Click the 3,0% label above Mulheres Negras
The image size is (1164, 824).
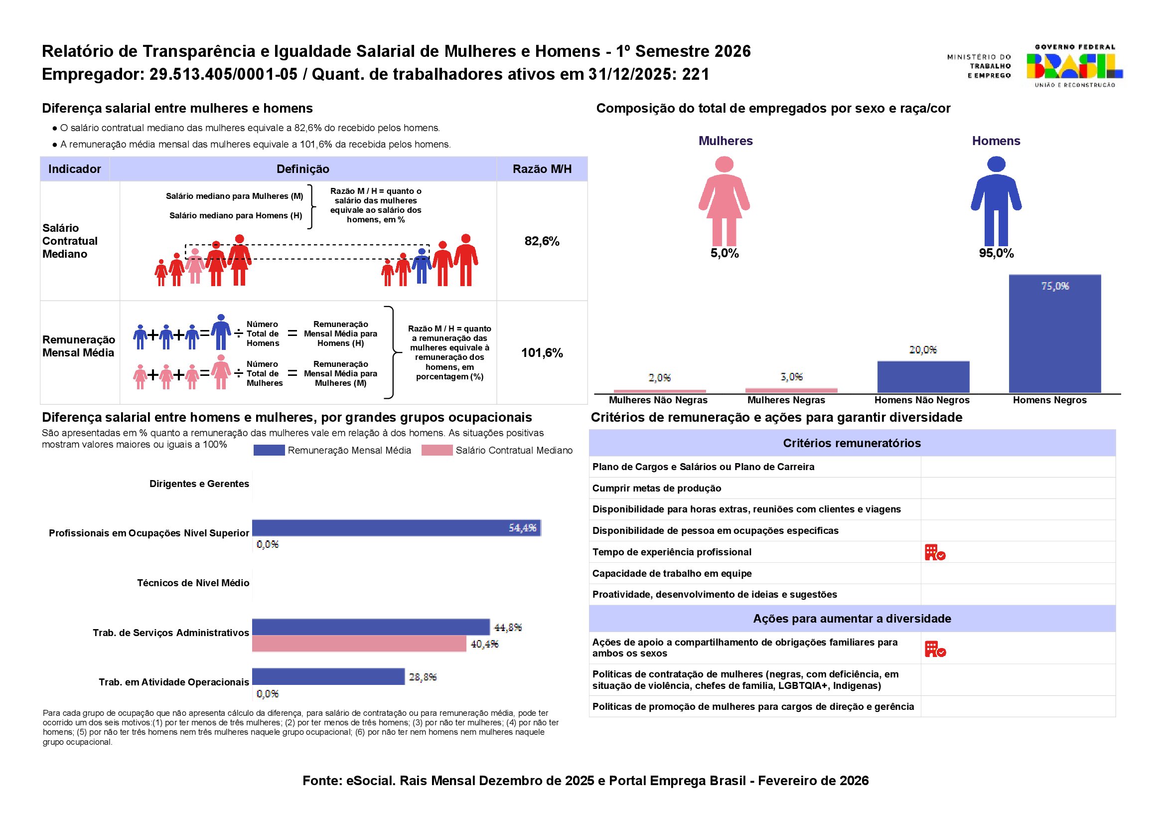coord(791,377)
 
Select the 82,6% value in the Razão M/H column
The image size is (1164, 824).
coord(542,241)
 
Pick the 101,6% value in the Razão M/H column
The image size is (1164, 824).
coord(542,352)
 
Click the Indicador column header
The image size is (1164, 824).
coord(75,169)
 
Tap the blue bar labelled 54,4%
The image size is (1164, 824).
coord(396,528)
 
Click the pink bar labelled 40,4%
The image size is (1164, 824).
coord(359,644)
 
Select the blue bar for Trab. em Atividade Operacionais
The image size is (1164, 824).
coord(328,676)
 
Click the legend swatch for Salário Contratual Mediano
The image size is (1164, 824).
coord(436,450)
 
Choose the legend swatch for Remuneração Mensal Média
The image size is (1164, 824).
coord(269,450)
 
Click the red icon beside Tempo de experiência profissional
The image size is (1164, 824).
coord(935,552)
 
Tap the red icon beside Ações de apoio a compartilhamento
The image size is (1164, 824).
coord(935,649)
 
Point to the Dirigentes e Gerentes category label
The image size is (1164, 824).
coord(199,484)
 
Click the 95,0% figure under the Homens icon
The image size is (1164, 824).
coord(996,253)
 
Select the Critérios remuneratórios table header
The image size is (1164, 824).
coord(852,443)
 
